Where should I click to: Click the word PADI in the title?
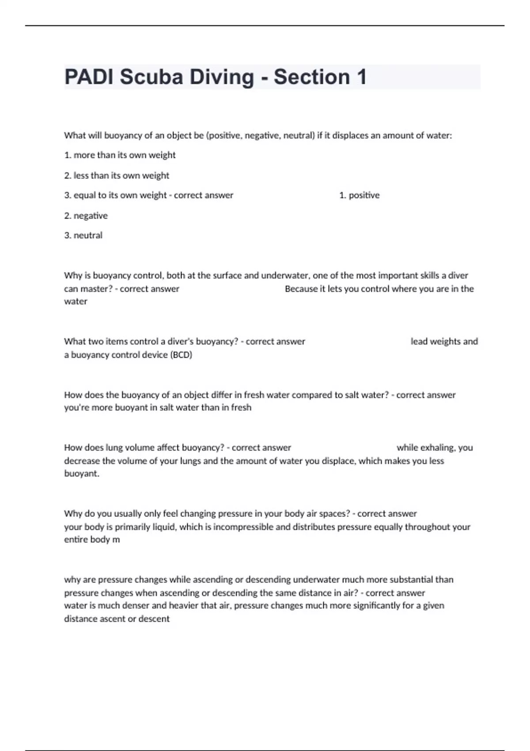pyautogui.click(x=89, y=77)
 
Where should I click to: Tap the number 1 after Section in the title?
pyautogui.click(x=361, y=77)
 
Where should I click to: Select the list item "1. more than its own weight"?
pyautogui.click(x=120, y=155)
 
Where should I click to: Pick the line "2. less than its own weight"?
pyautogui.click(x=117, y=175)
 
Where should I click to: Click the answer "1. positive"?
pyautogui.click(x=359, y=195)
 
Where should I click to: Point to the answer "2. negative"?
pyautogui.click(x=86, y=216)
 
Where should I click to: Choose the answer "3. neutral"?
pyautogui.click(x=83, y=235)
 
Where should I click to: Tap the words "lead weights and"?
pyautogui.click(x=444, y=341)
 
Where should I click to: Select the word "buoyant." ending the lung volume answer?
pyautogui.click(x=82, y=474)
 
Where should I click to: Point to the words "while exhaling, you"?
pyautogui.click(x=435, y=448)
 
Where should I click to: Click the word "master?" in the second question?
pyautogui.click(x=97, y=289)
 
